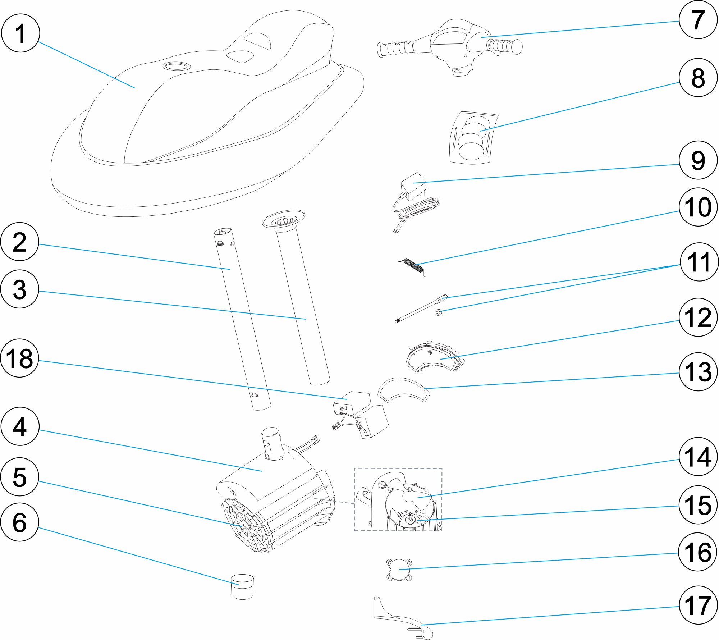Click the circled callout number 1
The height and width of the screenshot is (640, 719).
20,33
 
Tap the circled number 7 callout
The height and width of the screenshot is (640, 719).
698,20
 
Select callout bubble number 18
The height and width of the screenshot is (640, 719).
19,358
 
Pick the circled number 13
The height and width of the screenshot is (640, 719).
698,372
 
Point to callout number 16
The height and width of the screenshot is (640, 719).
698,552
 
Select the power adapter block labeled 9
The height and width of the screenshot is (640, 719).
413,186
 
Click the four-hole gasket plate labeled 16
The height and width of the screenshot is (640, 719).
399,570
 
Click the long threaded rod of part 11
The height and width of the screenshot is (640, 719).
419,310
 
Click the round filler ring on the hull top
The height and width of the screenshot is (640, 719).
175,66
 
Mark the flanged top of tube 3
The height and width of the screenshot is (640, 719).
284,220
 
